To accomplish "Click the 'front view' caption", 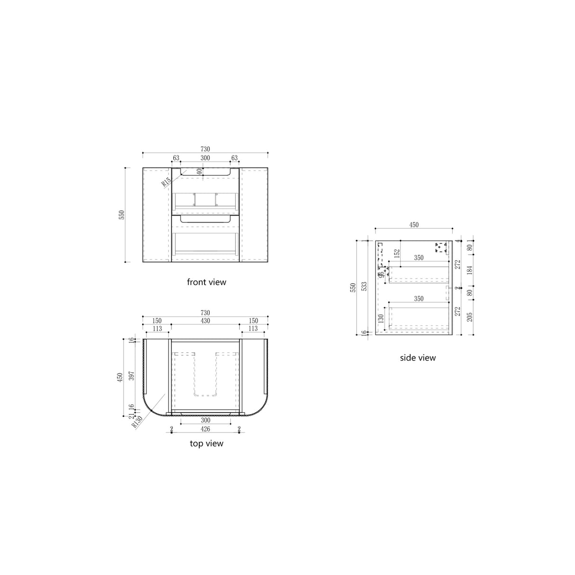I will pyautogui.click(x=207, y=282).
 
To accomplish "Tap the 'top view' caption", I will pyautogui.click(x=207, y=444).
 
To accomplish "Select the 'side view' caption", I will pyautogui.click(x=417, y=358).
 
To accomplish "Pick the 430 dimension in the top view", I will pyautogui.click(x=205, y=321).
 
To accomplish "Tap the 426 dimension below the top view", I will pyautogui.click(x=205, y=429).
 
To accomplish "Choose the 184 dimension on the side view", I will pyautogui.click(x=470, y=270).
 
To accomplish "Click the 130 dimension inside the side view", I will pyautogui.click(x=380, y=319).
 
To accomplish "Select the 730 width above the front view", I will pyautogui.click(x=205, y=149).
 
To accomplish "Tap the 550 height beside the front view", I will pyautogui.click(x=121, y=215).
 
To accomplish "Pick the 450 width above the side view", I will pyautogui.click(x=413, y=225).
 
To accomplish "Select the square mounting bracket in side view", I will pyautogui.click(x=441, y=246).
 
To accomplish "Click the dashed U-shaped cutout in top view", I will pyautogui.click(x=206, y=374).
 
